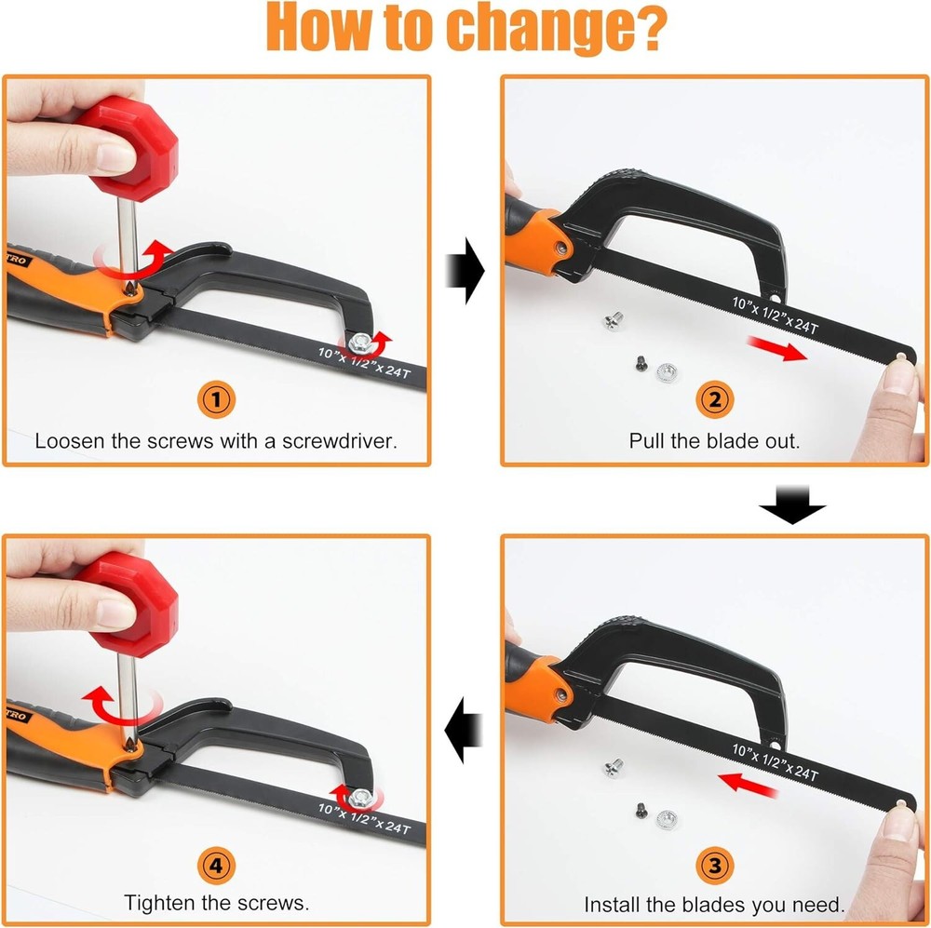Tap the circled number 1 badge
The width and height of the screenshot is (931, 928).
tap(216, 399)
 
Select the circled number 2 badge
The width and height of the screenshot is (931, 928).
tap(715, 399)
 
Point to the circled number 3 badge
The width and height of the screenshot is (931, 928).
tap(715, 865)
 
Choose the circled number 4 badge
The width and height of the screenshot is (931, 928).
tap(216, 865)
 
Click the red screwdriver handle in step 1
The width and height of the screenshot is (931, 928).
tap(132, 147)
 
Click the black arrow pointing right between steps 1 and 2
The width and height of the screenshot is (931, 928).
tap(465, 271)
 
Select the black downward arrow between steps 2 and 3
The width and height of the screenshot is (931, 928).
tap(792, 504)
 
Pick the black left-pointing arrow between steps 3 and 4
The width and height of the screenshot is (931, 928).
tap(464, 730)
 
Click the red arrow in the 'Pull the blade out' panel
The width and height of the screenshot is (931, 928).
tap(776, 348)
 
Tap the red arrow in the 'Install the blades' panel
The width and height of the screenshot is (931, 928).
tap(747, 784)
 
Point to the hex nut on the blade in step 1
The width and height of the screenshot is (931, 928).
tap(360, 343)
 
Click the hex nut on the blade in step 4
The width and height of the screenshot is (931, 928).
tap(360, 799)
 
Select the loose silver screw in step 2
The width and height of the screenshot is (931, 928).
tap(614, 321)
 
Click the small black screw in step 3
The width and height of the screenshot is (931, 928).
tap(641, 811)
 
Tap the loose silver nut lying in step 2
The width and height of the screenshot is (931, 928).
tap(667, 373)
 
